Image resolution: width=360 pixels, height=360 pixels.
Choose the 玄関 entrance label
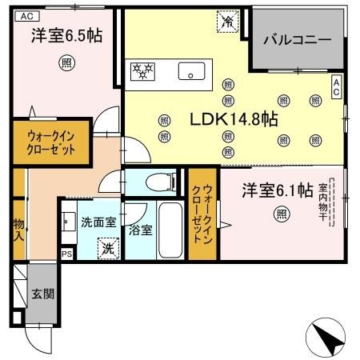42,294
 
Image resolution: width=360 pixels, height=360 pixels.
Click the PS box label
66,254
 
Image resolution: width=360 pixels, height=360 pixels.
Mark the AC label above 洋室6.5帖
26,15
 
